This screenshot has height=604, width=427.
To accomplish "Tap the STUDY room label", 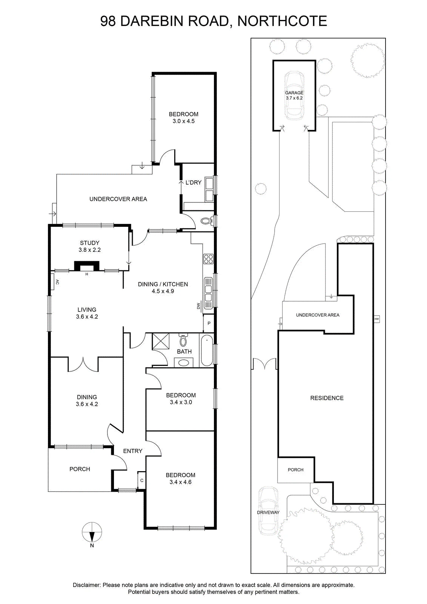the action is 89,243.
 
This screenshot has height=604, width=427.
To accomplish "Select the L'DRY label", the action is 194,183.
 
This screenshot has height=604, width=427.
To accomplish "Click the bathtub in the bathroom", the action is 207,350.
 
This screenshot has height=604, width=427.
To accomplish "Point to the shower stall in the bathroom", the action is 161,342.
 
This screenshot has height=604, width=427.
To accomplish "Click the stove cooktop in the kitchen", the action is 208,259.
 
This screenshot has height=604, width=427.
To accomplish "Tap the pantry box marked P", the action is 209,323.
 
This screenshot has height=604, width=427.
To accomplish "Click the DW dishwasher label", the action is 198,306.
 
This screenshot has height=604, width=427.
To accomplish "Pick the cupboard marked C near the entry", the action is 142,480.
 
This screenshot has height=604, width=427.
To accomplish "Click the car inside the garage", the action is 294,96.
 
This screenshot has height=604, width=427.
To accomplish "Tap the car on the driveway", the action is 268,511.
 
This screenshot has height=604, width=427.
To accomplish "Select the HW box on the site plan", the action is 376,319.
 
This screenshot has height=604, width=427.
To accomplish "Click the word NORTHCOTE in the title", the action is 282,21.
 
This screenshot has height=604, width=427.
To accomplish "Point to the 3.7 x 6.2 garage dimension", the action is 294,98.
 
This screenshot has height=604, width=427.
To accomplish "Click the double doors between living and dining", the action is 83,364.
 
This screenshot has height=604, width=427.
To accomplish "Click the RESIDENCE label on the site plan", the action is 327,398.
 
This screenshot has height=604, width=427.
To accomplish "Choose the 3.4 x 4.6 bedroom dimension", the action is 181,482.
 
